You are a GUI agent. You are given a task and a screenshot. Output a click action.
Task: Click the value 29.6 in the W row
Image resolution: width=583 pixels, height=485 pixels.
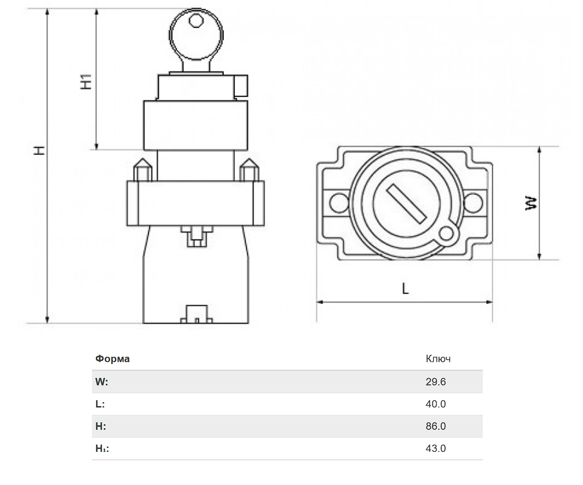[x=435, y=382]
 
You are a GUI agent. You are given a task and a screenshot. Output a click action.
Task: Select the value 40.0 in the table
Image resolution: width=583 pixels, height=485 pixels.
[x=435, y=404]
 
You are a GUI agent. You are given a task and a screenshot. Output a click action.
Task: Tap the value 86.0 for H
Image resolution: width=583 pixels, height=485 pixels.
[x=435, y=426]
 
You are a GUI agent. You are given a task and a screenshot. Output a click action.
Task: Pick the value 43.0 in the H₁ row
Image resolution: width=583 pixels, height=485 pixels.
[x=435, y=448]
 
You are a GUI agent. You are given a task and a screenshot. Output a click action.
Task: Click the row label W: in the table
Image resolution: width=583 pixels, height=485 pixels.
[x=102, y=382]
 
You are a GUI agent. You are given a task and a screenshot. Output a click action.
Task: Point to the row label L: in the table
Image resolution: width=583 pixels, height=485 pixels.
[x=100, y=404]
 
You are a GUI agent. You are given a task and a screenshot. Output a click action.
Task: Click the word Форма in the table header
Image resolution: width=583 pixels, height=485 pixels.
[x=112, y=359]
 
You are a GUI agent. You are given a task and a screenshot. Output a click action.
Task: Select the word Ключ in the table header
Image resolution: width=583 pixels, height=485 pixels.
[x=438, y=359]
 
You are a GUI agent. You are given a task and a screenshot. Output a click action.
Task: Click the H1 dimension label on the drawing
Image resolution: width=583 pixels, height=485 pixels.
[x=86, y=81]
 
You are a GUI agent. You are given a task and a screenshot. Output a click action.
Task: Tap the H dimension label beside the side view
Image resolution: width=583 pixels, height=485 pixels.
[x=40, y=150]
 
